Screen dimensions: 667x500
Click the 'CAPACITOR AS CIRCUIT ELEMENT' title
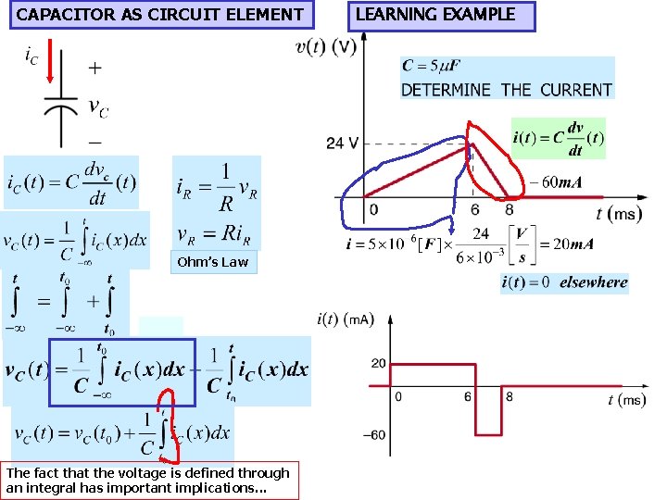coord(159,15)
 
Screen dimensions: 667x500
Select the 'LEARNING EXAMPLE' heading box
coord(435,15)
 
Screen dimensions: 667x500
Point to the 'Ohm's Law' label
coord(212,262)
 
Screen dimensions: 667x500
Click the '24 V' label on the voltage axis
coord(342,144)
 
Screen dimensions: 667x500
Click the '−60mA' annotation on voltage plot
coord(555,182)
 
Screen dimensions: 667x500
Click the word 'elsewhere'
coord(594,282)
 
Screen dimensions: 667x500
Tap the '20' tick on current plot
coord(378,363)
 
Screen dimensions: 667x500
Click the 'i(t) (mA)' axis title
coord(345,320)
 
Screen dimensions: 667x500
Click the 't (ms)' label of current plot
coord(627,400)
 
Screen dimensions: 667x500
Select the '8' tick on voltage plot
coord(509,210)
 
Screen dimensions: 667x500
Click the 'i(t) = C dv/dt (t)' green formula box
coord(558,138)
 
